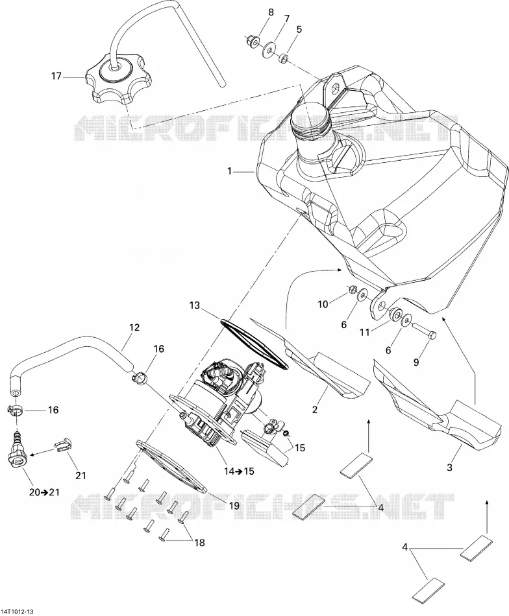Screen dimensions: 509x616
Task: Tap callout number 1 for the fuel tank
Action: (229, 171)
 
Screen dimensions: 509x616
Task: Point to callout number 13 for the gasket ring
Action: (194, 305)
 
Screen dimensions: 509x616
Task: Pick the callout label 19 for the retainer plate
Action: (234, 505)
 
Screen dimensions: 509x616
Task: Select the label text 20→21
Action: (44, 492)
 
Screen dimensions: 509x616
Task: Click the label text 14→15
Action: (238, 471)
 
